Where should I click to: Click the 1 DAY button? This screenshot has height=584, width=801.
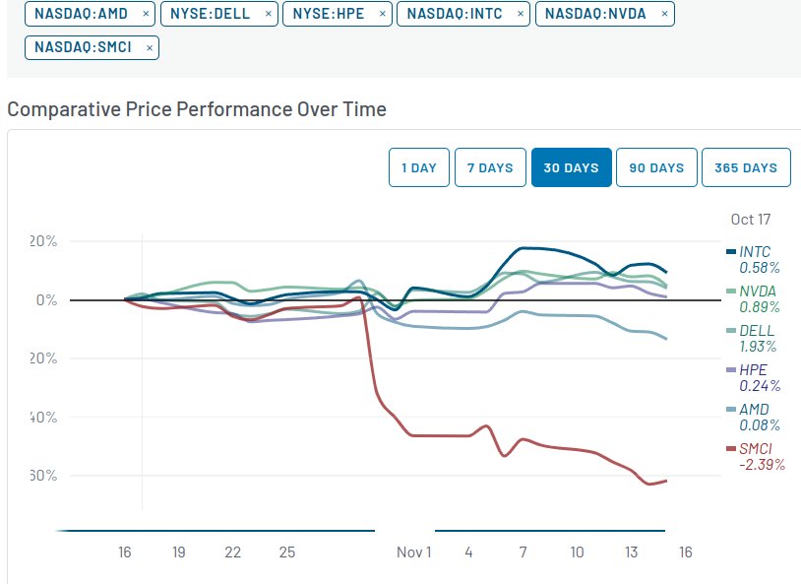(x=419, y=167)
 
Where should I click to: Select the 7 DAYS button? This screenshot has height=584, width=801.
(x=490, y=167)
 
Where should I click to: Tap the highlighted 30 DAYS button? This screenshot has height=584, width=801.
(x=572, y=167)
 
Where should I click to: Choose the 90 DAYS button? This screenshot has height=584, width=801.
(x=656, y=167)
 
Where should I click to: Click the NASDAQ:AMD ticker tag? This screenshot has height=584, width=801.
(x=82, y=14)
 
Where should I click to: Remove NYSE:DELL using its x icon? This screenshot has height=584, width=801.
(x=269, y=15)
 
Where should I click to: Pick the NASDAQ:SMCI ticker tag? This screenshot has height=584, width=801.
(x=84, y=46)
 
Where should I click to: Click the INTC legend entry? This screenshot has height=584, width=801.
(x=754, y=252)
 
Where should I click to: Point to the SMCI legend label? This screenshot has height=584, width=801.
(x=756, y=449)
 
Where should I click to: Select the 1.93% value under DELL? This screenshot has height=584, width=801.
(x=758, y=347)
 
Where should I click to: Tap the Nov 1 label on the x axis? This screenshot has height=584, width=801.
(x=414, y=552)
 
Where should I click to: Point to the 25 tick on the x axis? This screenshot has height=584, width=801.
(x=286, y=552)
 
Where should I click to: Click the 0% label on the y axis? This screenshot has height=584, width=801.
(x=47, y=300)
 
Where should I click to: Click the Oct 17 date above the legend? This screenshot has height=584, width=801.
(x=751, y=220)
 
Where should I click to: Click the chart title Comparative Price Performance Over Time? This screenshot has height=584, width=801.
(x=197, y=108)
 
